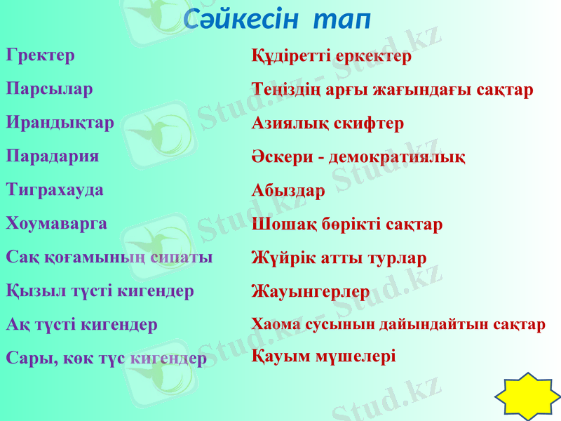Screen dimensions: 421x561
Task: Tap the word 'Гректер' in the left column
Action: tap(41, 55)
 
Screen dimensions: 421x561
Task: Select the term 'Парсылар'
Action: tap(49, 89)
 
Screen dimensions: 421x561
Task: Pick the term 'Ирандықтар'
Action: tap(60, 123)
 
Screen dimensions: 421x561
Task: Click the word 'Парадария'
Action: tap(53, 156)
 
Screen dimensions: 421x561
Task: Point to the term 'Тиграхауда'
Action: tap(55, 189)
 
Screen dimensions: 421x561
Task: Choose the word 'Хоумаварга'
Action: tap(57, 223)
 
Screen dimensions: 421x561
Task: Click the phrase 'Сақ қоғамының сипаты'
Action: tap(109, 257)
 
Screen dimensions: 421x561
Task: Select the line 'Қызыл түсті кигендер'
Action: tap(100, 290)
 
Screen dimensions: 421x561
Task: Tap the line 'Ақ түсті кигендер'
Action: tap(82, 324)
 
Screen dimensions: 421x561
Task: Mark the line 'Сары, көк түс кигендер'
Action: tap(107, 358)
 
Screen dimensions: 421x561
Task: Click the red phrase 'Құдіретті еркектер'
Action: tap(332, 56)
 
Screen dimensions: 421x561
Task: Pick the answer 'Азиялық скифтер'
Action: tap(327, 123)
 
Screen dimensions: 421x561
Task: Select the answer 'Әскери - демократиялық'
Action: tap(358, 156)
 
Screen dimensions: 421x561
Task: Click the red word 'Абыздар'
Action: tap(288, 190)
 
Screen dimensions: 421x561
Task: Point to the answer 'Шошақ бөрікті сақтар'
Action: tap(347, 225)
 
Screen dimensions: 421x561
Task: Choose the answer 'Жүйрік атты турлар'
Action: tap(339, 258)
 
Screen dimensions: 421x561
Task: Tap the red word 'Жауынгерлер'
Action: tap(311, 291)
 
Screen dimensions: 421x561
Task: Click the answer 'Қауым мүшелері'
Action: tap(323, 356)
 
